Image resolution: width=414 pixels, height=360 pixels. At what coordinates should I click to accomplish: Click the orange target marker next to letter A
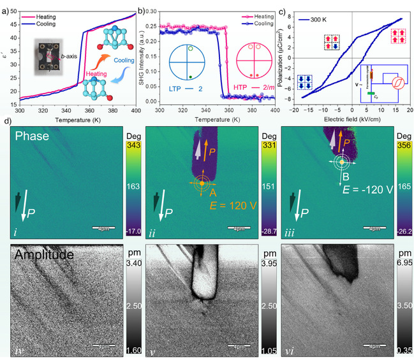(x=202, y=184)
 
